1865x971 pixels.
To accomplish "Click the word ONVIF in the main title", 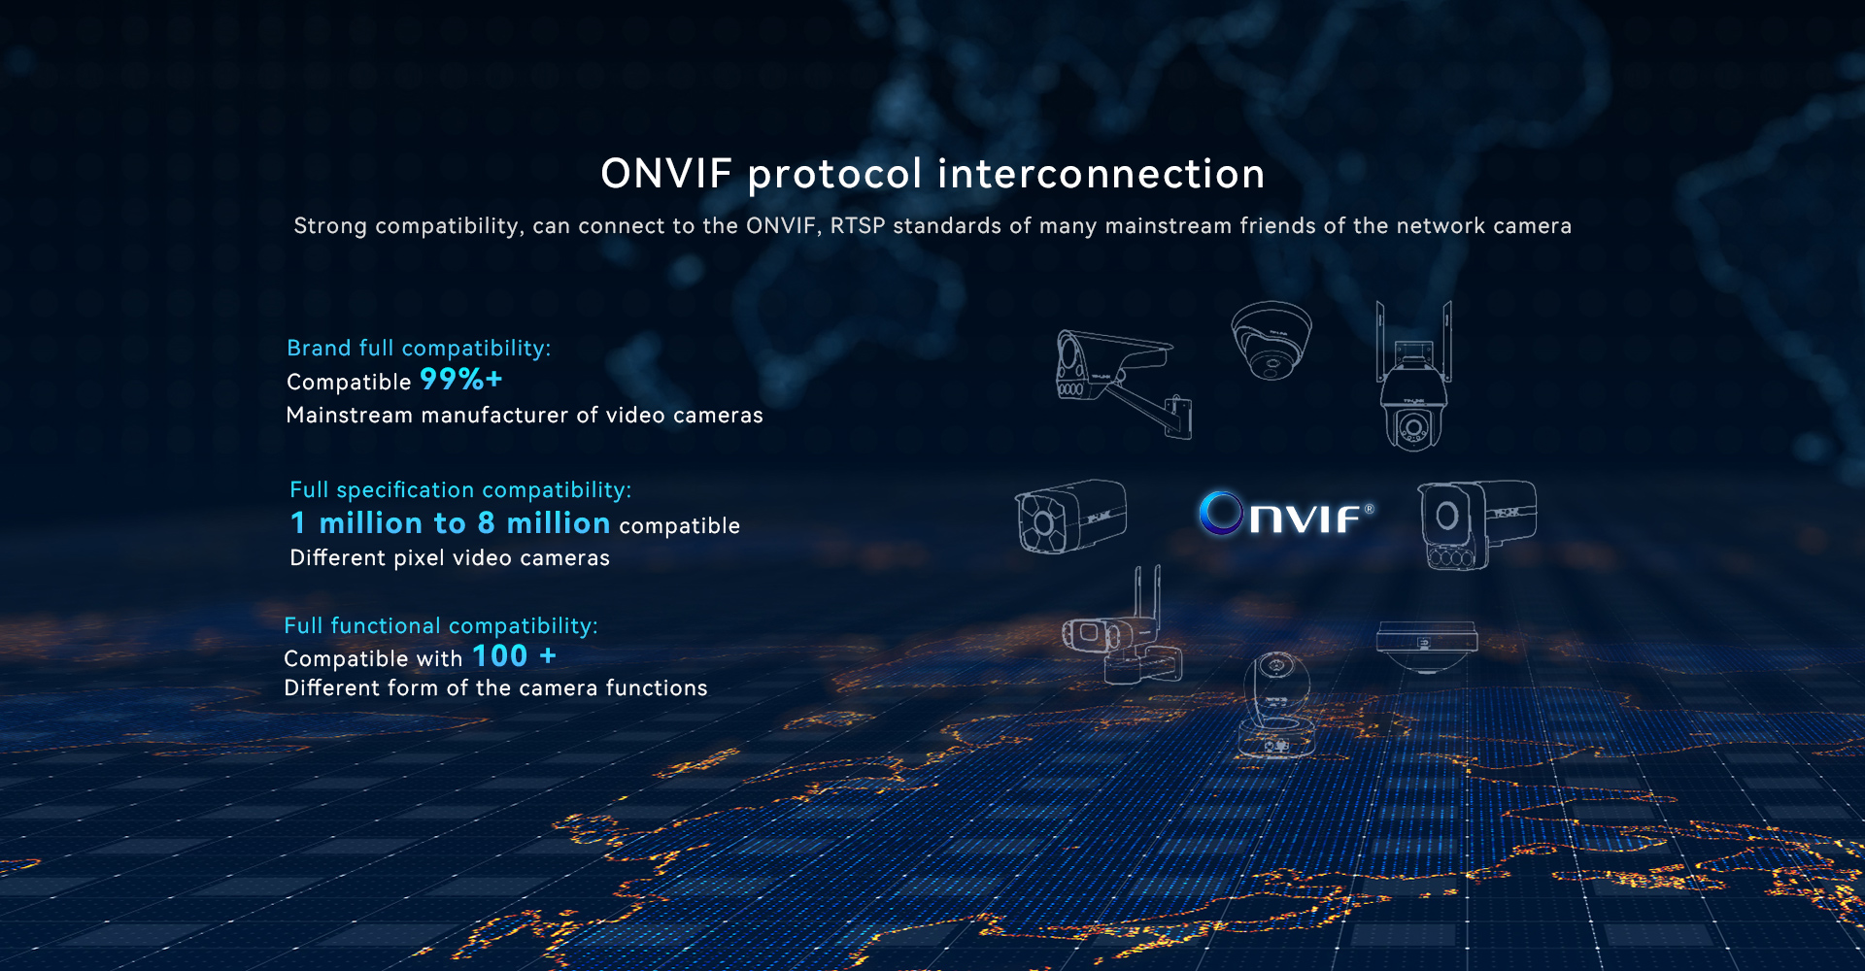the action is (x=666, y=174).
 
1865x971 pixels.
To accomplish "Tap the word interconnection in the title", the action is (x=1102, y=174).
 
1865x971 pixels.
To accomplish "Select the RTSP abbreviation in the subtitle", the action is (x=858, y=225).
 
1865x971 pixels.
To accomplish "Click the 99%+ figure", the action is (x=461, y=379).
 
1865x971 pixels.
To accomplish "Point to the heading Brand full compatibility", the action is (x=419, y=348).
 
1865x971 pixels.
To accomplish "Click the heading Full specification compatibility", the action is (x=460, y=489).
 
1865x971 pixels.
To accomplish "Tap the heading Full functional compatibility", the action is (x=441, y=625).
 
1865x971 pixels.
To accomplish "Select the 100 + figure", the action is (x=515, y=656).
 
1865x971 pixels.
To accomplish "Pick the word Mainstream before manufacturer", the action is (x=350, y=415).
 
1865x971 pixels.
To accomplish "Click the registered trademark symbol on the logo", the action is (x=1369, y=509).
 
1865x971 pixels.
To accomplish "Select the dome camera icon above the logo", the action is (x=1271, y=340).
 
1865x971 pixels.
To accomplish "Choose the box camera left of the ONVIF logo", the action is (x=1070, y=517).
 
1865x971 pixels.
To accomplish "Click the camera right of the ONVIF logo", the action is (x=1476, y=524).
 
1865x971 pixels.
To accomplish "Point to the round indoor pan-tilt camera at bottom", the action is (x=1277, y=704).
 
